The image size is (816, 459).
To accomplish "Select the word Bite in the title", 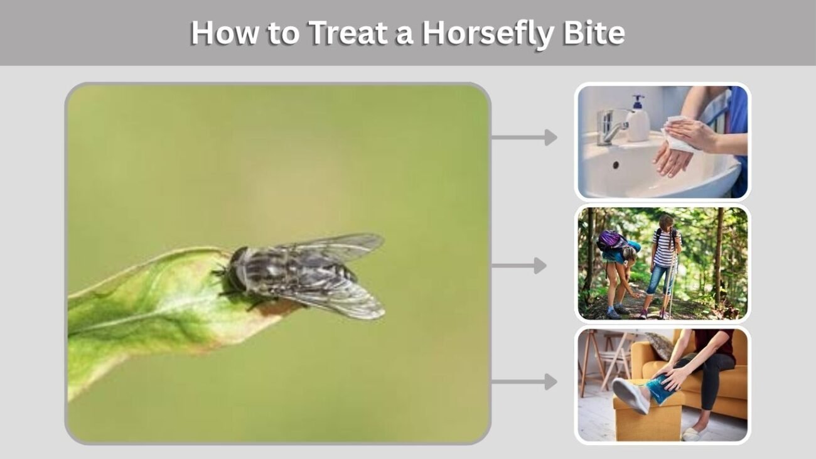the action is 593,33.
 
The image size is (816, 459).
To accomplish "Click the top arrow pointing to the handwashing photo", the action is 525,138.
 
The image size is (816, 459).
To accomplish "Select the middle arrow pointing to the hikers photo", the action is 519,266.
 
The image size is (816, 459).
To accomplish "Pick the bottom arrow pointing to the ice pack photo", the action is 525,382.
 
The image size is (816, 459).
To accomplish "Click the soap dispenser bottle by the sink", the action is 638,119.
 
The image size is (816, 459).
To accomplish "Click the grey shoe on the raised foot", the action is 630,394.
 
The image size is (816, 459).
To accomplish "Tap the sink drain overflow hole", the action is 616,165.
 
